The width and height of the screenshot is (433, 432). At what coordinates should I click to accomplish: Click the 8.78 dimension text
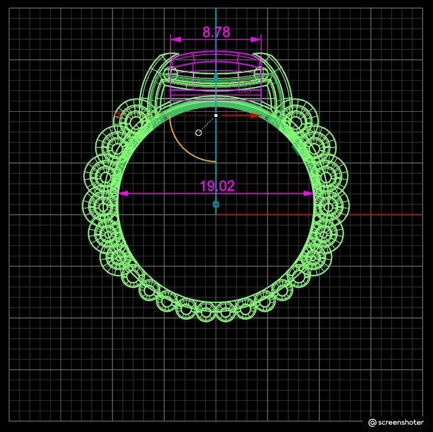[216, 32]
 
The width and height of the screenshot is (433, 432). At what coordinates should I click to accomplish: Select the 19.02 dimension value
[217, 186]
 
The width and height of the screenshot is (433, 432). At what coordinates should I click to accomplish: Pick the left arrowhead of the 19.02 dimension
[123, 194]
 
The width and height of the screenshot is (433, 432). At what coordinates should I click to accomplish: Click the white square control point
[216, 116]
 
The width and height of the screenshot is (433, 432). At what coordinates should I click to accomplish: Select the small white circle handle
[199, 132]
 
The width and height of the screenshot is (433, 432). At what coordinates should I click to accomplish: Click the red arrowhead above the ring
[256, 116]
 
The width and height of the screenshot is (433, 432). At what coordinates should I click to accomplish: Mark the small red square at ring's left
[118, 115]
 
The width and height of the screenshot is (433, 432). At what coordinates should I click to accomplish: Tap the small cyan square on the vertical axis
[216, 204]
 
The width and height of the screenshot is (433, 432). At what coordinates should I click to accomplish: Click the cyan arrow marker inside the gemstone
[216, 77]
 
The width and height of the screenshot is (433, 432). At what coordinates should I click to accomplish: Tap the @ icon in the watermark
[372, 422]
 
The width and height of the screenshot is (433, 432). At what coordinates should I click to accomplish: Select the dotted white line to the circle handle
[207, 124]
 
